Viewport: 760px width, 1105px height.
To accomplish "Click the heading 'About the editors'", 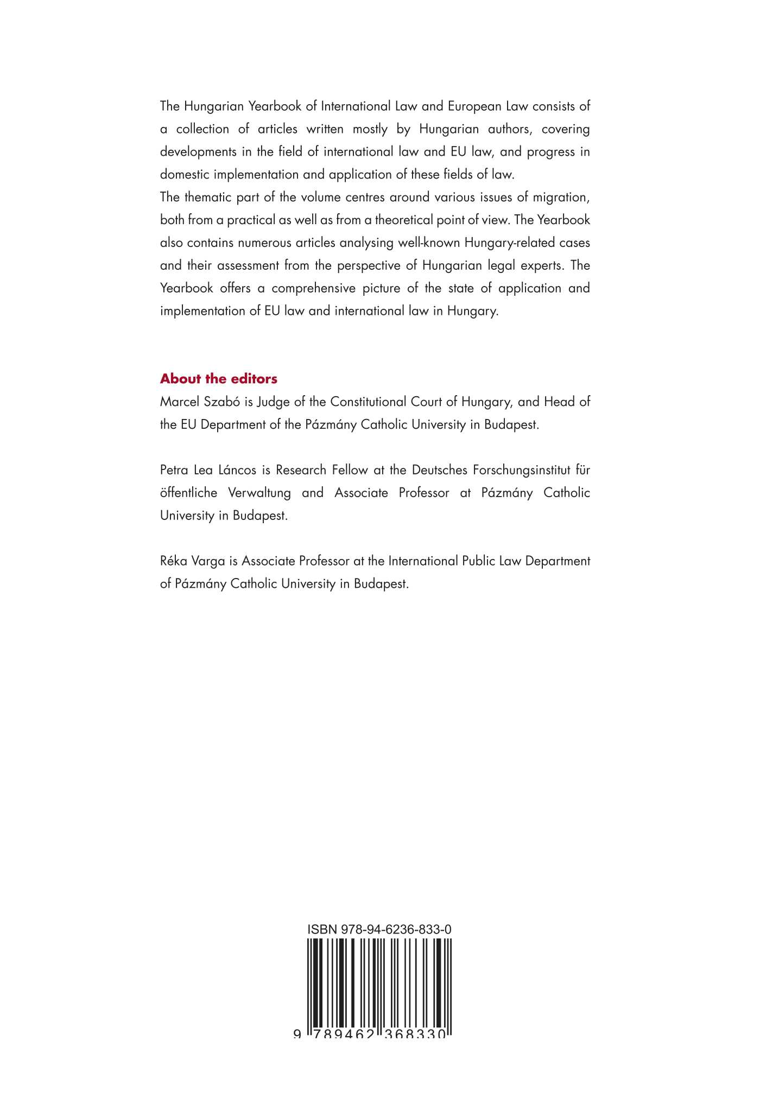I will coord(218,379).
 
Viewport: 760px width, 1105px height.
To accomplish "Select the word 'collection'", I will coord(202,129).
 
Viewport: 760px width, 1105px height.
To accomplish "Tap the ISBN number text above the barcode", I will coord(379,929).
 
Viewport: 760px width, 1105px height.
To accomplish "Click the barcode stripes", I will coord(379,982).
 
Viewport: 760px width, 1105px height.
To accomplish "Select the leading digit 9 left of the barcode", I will coord(297,1035).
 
